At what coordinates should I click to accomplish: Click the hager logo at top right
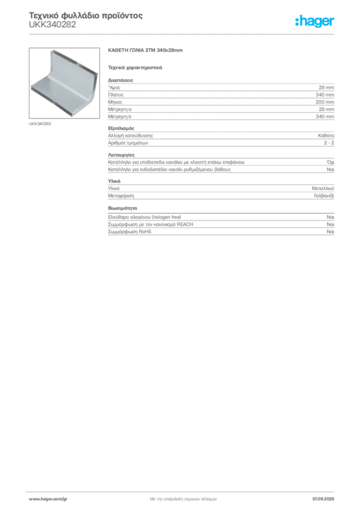[315, 21]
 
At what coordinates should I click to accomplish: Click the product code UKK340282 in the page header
[52, 25]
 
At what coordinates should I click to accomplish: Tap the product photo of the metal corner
[64, 83]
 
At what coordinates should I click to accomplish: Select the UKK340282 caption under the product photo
[40, 124]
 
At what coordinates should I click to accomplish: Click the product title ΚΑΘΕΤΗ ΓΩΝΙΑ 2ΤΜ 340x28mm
[145, 50]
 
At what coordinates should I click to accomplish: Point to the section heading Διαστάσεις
[120, 80]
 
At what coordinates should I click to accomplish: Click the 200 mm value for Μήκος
[325, 102]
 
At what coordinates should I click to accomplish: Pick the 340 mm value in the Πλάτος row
[325, 95]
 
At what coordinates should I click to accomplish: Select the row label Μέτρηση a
[119, 109]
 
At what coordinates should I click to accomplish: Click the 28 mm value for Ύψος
[326, 87]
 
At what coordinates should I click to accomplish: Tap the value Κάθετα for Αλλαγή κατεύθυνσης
[326, 136]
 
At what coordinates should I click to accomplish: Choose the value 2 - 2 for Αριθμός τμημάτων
[329, 143]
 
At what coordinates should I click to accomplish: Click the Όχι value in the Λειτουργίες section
[330, 163]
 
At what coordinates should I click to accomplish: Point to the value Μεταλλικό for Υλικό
[323, 188]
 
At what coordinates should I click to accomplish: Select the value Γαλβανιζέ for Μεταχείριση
[324, 196]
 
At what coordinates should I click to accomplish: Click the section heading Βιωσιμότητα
[122, 208]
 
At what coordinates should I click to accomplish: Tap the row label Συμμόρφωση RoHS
[129, 232]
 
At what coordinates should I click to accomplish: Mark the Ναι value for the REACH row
[330, 224]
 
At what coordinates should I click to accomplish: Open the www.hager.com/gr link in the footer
[48, 499]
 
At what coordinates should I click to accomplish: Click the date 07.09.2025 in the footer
[323, 499]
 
